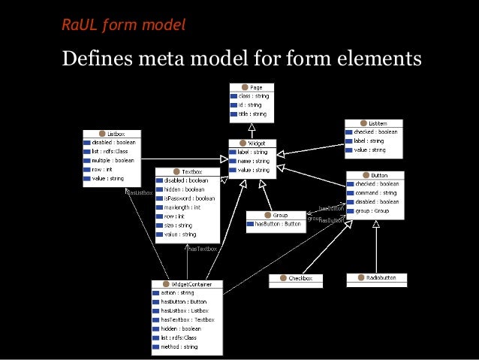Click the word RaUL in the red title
80,26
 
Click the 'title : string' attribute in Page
254,114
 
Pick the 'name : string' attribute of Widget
254,161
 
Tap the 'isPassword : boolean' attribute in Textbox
188,198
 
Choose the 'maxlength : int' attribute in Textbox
185,207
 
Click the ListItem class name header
375,123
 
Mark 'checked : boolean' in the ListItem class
375,132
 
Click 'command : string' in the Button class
376,192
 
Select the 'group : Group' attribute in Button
371,211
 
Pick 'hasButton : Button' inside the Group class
278,224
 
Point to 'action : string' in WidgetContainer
177,293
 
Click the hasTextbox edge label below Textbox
202,248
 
